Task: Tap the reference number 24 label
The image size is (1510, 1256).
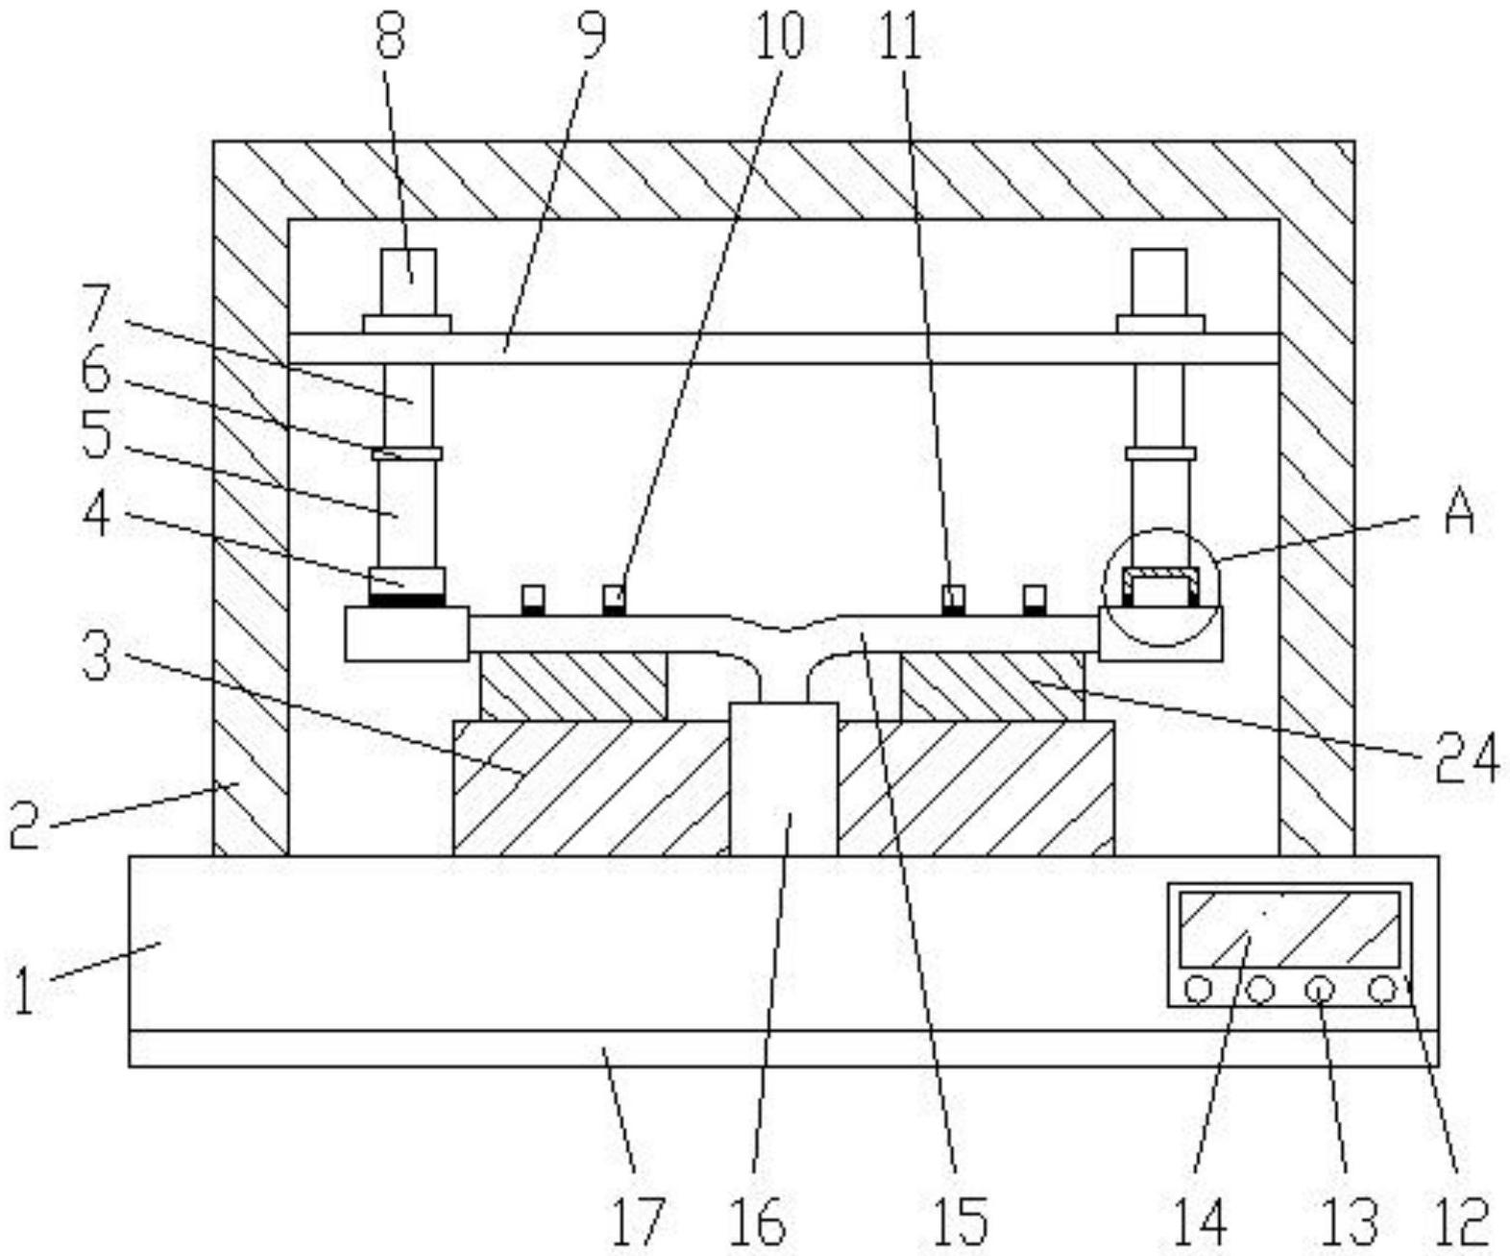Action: [x=1466, y=758]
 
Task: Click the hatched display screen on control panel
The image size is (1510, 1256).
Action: [x=1288, y=929]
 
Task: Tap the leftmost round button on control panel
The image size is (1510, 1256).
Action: [x=1198, y=989]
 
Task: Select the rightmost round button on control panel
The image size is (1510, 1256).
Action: [x=1382, y=989]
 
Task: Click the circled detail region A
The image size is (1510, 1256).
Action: [x=1160, y=586]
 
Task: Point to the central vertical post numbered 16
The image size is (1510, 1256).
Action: [x=784, y=778]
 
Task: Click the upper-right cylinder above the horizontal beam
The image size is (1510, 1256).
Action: [x=1159, y=281]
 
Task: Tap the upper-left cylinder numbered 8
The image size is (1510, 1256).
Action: [x=408, y=281]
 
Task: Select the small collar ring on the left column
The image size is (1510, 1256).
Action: [x=406, y=453]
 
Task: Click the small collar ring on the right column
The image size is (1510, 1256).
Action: [x=1160, y=453]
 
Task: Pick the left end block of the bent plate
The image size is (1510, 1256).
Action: [x=406, y=633]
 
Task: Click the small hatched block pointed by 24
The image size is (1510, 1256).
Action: [x=991, y=686]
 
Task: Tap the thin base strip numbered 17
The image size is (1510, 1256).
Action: [x=784, y=1048]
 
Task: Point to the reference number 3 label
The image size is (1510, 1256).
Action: [x=95, y=656]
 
